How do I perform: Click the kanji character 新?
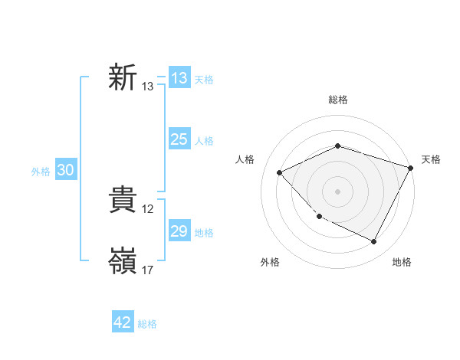122,78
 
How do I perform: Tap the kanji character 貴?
122,201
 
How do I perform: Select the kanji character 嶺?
122,262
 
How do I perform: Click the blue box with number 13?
179,78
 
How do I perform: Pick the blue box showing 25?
179,139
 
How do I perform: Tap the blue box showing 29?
179,231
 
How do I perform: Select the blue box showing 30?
66,171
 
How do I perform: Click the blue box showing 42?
123,322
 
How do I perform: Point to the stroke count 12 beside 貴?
149,209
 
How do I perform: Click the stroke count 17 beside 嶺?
149,270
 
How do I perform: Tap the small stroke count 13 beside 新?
148,87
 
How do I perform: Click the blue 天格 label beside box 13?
204,80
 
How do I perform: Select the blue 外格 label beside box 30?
41,172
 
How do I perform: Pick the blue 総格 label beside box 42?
147,324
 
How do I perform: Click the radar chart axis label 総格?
338,100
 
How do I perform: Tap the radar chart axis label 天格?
432,159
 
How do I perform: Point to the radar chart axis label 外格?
270,263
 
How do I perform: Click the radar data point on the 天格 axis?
411,167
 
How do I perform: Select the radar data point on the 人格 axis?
280,172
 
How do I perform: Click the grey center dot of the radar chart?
338,191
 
